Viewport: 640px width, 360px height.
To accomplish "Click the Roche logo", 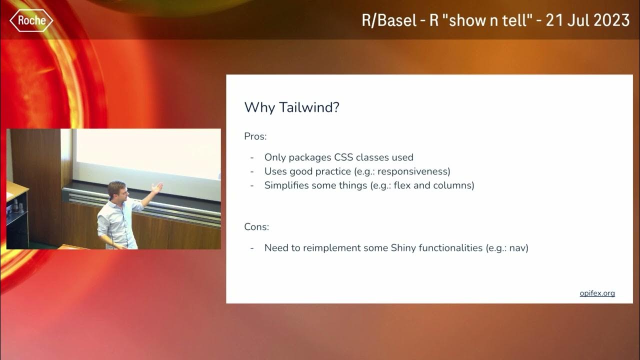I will [x=31, y=20].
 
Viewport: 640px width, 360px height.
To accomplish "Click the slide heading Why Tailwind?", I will [x=291, y=107].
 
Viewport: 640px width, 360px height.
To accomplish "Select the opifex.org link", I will [x=597, y=293].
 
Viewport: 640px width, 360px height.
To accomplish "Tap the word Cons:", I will [x=256, y=227].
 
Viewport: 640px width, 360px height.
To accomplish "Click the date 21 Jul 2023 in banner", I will [x=587, y=20].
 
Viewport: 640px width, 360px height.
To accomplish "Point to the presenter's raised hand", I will [x=158, y=188].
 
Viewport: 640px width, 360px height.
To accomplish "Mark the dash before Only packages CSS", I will [x=252, y=157].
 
